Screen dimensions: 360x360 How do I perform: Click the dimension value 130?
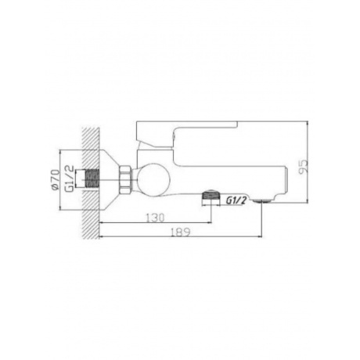tap(155, 218)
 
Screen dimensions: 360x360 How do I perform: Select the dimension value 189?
tap(181, 232)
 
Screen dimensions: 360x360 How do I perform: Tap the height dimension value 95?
tap(303, 167)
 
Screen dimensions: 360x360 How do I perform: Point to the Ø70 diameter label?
tap(55, 179)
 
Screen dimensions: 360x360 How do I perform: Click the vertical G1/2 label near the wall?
tap(69, 178)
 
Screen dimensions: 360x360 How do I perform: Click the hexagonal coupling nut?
tap(125, 179)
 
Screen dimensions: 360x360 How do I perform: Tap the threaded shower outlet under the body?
tap(211, 196)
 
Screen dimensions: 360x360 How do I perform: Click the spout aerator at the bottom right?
tap(261, 200)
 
